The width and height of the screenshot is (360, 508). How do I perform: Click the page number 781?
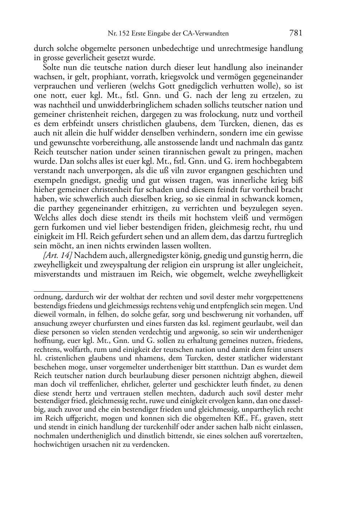click(x=295, y=33)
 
